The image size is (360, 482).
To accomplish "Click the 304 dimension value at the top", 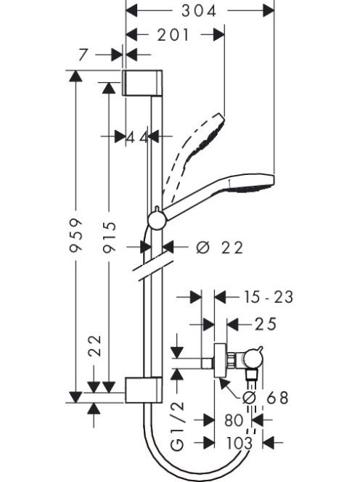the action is pyautogui.click(x=199, y=12).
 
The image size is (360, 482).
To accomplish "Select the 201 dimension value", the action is pyautogui.click(x=173, y=35).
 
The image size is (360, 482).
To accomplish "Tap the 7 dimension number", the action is pyautogui.click(x=83, y=55).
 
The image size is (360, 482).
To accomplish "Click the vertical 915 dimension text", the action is pyautogui.click(x=110, y=237).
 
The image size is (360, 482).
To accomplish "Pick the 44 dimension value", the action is pyautogui.click(x=137, y=137).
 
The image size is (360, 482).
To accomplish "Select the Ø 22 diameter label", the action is pyautogui.click(x=219, y=248).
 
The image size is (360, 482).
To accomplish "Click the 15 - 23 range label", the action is pyautogui.click(x=269, y=297).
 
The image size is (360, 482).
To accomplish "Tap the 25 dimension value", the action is pyautogui.click(x=266, y=324).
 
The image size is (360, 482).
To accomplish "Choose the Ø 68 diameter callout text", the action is pyautogui.click(x=266, y=398).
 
